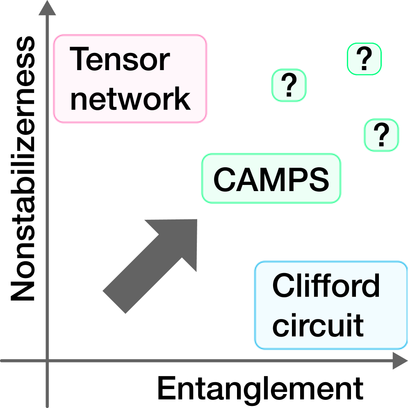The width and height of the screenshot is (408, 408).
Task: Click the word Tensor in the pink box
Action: pos(120,59)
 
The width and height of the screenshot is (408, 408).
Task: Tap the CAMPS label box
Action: pos(271,179)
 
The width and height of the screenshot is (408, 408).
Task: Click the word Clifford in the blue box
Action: pos(326,286)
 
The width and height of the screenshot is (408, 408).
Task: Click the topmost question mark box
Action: pos(364,59)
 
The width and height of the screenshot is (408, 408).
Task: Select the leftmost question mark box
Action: pos(289,85)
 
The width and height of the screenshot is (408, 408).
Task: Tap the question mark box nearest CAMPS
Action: pos(381,135)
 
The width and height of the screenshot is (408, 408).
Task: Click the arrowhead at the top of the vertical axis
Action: pos(47,8)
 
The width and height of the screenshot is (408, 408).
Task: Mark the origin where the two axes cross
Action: pos(47,361)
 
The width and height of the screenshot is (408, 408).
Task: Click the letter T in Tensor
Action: pos(80,59)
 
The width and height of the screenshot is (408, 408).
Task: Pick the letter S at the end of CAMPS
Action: pos(318,180)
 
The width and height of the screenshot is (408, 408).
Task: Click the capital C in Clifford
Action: pos(283,286)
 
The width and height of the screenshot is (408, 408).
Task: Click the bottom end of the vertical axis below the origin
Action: pos(47,404)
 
